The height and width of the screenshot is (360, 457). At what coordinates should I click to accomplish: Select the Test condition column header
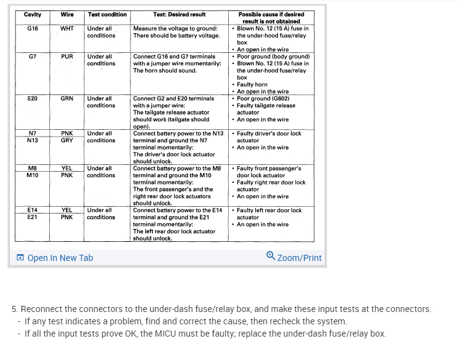coord(107,14)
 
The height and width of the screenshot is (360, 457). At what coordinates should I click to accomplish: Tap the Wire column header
coord(67,14)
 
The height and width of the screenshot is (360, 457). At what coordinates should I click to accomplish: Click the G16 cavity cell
coord(33,28)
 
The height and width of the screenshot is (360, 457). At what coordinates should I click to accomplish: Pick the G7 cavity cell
coord(33,57)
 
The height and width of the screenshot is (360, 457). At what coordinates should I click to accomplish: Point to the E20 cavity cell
coord(33,98)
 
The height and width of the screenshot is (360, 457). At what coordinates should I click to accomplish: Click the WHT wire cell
coord(67,28)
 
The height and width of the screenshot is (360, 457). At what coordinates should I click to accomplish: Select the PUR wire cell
coord(67,57)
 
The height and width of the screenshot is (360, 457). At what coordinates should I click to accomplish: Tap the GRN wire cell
coord(67,98)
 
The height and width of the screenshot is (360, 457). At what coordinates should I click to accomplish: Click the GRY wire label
coord(67,140)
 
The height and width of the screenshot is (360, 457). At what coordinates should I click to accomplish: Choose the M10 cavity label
coord(33,175)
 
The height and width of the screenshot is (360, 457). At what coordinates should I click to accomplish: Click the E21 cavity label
coord(33,217)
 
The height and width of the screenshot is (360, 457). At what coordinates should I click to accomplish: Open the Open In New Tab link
coord(60,258)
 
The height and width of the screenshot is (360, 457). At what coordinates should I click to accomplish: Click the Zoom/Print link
coord(299,258)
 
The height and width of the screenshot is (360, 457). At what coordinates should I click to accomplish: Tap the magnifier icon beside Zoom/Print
coord(271,256)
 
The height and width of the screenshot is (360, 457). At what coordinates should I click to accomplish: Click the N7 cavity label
coord(33,134)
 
